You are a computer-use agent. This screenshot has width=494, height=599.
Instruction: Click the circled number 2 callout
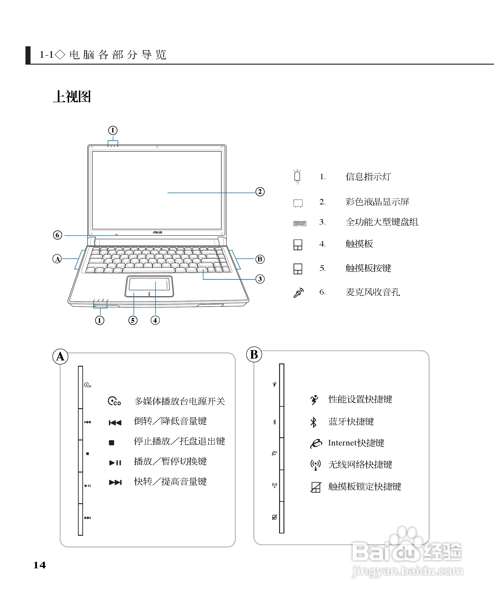pos(260,192)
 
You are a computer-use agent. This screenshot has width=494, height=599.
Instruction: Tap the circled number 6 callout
pos(58,235)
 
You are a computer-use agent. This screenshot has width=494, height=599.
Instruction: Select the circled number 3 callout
pos(260,279)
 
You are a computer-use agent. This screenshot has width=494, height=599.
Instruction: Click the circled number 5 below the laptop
pos(133,320)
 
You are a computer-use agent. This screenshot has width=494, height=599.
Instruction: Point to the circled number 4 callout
pos(155,320)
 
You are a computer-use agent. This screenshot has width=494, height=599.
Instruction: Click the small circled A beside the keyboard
pos(57,259)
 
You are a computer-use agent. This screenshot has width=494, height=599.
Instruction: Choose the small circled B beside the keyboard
pos(260,259)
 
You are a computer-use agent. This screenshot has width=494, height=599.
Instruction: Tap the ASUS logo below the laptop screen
pos(157,233)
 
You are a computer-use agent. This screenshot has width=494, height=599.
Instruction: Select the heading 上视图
pos(72,97)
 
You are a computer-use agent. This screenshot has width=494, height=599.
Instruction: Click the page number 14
pos(39,565)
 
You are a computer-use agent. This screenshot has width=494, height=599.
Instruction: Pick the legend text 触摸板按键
pos(368,268)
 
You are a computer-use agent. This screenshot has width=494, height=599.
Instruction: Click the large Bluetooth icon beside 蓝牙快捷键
pos(313,422)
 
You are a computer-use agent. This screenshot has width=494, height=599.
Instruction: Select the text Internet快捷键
pos(356,443)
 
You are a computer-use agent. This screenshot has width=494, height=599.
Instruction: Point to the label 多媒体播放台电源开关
pos(180,401)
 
